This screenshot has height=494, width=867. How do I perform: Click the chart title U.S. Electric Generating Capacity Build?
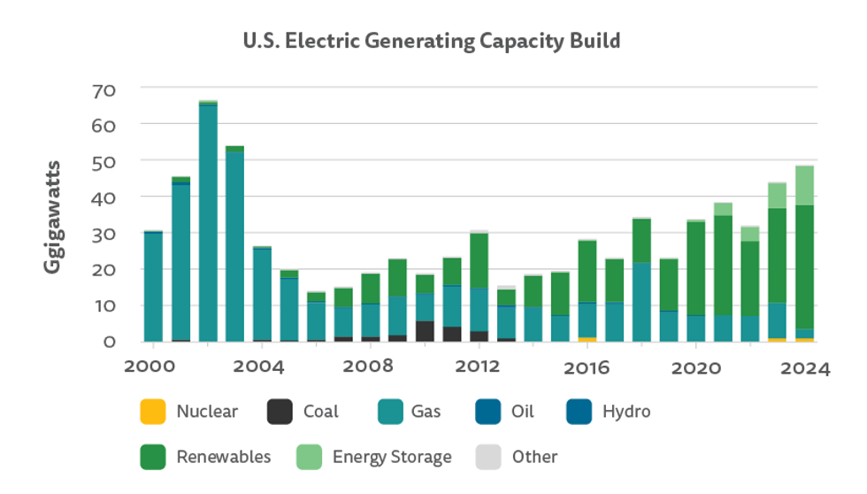[x=432, y=41]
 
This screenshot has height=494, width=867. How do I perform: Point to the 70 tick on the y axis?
[x=104, y=89]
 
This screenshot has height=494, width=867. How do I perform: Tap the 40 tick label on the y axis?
[x=104, y=197]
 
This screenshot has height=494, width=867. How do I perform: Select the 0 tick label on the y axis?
[x=109, y=341]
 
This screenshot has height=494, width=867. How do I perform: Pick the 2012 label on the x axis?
[x=479, y=367]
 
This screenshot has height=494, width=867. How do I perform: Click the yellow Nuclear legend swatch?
[x=152, y=412]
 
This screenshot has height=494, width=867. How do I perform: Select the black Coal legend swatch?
[x=279, y=412]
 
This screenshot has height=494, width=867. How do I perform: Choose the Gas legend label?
[x=426, y=412]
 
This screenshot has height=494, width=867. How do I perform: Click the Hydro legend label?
[x=625, y=412]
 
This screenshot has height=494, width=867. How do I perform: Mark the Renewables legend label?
[x=223, y=457]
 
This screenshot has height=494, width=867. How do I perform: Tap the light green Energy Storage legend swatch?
[x=308, y=457]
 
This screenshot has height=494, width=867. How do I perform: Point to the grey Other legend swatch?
[x=487, y=457]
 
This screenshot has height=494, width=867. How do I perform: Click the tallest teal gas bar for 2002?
[x=208, y=221]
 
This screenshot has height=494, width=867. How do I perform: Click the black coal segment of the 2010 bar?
[x=425, y=331]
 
